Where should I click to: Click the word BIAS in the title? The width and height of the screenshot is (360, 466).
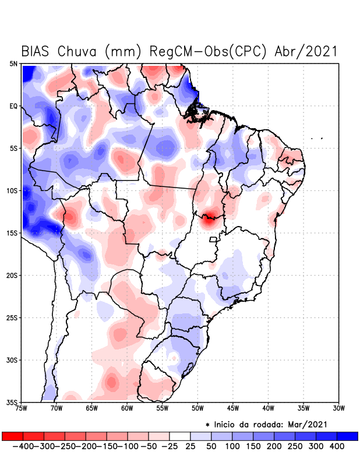(x=36, y=51)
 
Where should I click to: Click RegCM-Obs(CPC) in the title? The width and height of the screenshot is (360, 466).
(x=214, y=51)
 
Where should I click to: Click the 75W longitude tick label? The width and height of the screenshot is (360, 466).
(x=22, y=408)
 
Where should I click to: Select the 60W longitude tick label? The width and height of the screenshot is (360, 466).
(x=127, y=408)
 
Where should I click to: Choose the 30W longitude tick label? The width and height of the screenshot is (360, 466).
(x=338, y=408)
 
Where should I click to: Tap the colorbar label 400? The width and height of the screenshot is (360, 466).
(x=336, y=446)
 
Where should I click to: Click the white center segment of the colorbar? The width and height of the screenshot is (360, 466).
(x=180, y=436)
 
